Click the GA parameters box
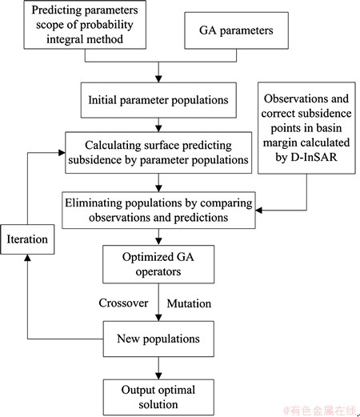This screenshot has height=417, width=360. tap(236, 30)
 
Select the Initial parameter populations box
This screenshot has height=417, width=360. tap(158, 100)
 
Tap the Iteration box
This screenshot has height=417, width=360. tap(27, 239)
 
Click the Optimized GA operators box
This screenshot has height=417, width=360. tap(158, 264)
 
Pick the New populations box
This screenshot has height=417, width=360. tap(158, 339)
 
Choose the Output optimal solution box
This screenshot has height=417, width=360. tap(158, 397)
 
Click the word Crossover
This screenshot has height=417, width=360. tap(123, 303)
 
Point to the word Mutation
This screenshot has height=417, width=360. tap(189, 303)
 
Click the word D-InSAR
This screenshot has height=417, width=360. tap(314, 157)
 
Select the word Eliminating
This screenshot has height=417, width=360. tap(94, 203)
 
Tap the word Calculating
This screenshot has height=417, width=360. tap(113, 146)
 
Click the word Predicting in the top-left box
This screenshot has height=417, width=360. tap(56, 10)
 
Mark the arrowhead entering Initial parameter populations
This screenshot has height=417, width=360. tap(158, 79)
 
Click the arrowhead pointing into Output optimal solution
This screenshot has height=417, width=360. tap(158, 376)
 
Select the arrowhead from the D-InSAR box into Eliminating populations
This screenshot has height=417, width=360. tap(259, 211)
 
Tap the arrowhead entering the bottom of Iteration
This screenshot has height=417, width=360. tap(27, 258)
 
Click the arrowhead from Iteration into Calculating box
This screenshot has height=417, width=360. tap(62, 153)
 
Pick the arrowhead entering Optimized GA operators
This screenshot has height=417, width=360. tap(158, 242)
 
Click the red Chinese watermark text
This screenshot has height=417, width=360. tap(320, 411)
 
